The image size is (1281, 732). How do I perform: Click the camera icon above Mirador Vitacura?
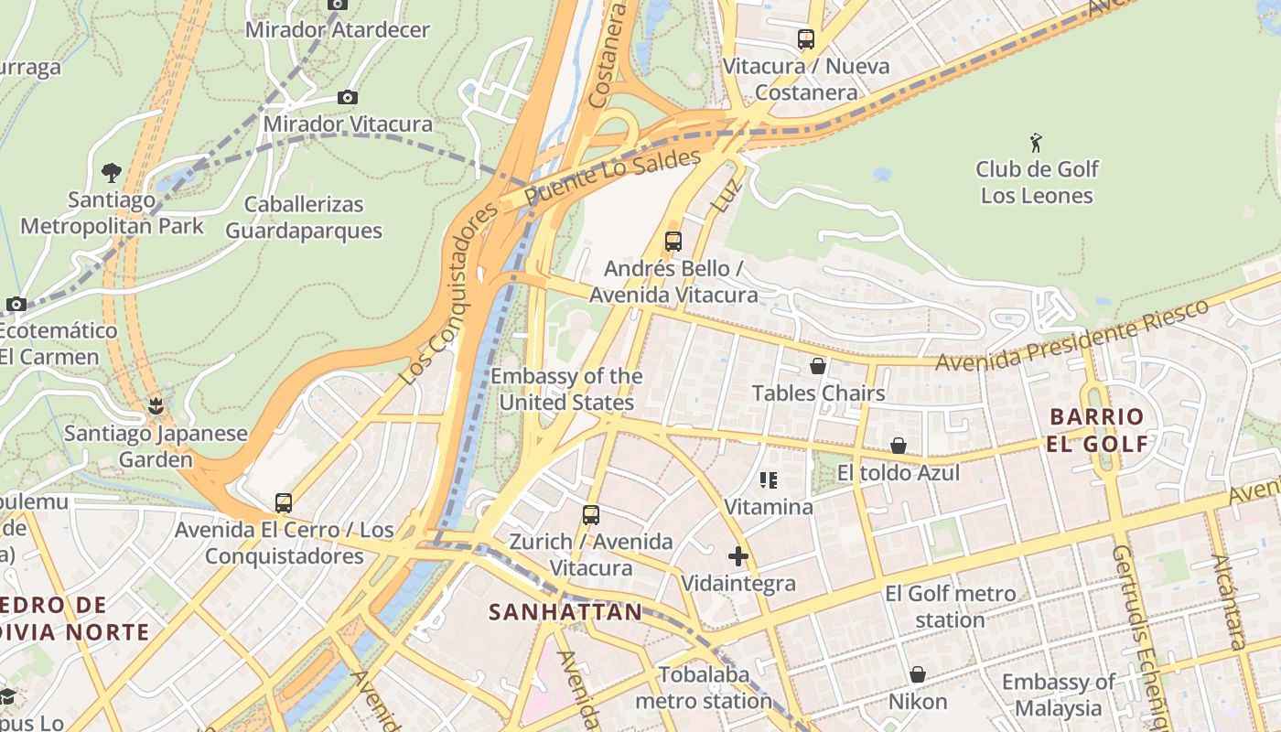coord(347,98)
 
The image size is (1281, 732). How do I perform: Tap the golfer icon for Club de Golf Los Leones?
coord(1036,143)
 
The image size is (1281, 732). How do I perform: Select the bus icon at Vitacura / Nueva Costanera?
coord(805,39)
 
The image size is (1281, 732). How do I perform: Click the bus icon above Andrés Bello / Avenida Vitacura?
coord(673,242)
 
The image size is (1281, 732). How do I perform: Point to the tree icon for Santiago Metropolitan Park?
coord(112,172)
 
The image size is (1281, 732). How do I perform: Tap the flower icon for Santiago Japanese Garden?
coord(156,405)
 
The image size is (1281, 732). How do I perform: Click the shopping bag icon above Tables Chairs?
coord(818,366)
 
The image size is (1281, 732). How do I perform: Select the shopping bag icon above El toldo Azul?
coord(899,446)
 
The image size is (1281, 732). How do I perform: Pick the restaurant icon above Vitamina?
coord(769,479)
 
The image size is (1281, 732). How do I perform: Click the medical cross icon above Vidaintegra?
coord(738,555)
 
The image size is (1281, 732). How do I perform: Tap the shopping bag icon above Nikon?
coord(918,674)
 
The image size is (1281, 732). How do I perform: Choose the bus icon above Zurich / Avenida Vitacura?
coord(591,514)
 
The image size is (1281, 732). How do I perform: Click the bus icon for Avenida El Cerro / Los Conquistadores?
coord(284,502)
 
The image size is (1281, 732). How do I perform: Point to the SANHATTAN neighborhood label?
coord(565,612)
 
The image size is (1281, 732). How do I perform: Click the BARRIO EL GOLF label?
coord(1098,430)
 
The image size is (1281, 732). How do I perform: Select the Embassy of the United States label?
coord(566,389)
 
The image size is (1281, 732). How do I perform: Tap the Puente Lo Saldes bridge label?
coord(612,177)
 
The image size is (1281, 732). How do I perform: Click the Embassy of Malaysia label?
coord(1058,694)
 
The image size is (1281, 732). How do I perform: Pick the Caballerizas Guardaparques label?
coord(304,217)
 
